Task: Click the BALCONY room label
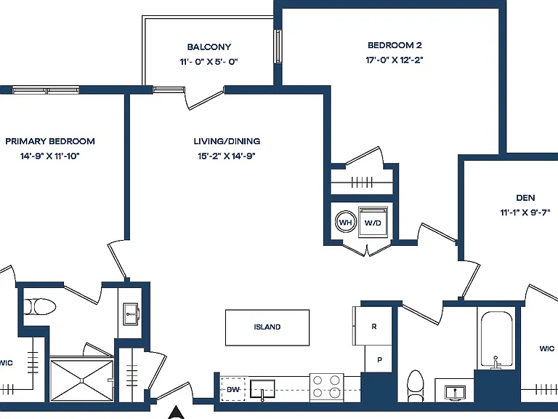coord(209,47)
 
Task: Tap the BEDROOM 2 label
coord(395,45)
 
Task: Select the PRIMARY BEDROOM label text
coord(50,141)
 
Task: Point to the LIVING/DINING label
coord(227,141)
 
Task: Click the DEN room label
coord(525,198)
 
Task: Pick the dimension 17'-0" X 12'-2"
coord(395,60)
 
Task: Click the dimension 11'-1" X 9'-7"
coord(525,212)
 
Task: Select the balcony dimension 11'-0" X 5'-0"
coord(209,62)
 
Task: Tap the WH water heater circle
coord(346,223)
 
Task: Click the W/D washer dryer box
coord(373,222)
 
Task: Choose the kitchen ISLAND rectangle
coord(267,327)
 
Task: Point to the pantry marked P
coord(379,359)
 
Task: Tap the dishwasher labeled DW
coord(233,389)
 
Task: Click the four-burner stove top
coord(327,387)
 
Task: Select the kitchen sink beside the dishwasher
coord(262,389)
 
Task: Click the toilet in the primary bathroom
coord(39,307)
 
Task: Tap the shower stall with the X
coord(82,380)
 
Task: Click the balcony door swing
coord(205,98)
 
